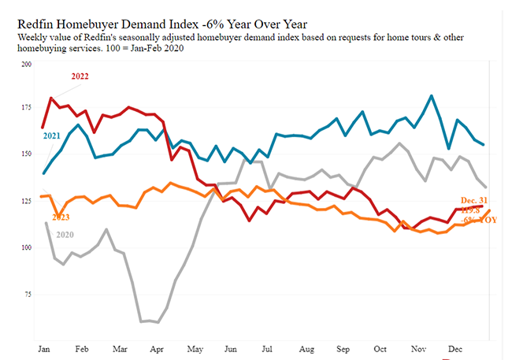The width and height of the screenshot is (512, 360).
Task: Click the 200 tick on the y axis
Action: tap(26, 63)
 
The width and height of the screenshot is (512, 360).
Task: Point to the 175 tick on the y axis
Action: tap(26, 109)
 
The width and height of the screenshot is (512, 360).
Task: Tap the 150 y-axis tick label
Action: tap(26, 155)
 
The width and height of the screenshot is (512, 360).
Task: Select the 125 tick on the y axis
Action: tap(26, 202)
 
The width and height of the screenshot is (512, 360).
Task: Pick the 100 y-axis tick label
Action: tap(26, 248)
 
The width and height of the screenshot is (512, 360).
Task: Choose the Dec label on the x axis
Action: tap(454, 347)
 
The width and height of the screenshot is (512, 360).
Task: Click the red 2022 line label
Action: tap(80, 76)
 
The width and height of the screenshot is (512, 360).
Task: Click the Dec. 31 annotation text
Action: tap(475, 200)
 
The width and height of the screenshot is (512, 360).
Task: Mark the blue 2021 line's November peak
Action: tap(432, 96)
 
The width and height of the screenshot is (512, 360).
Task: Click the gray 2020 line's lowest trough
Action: tap(158, 322)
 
